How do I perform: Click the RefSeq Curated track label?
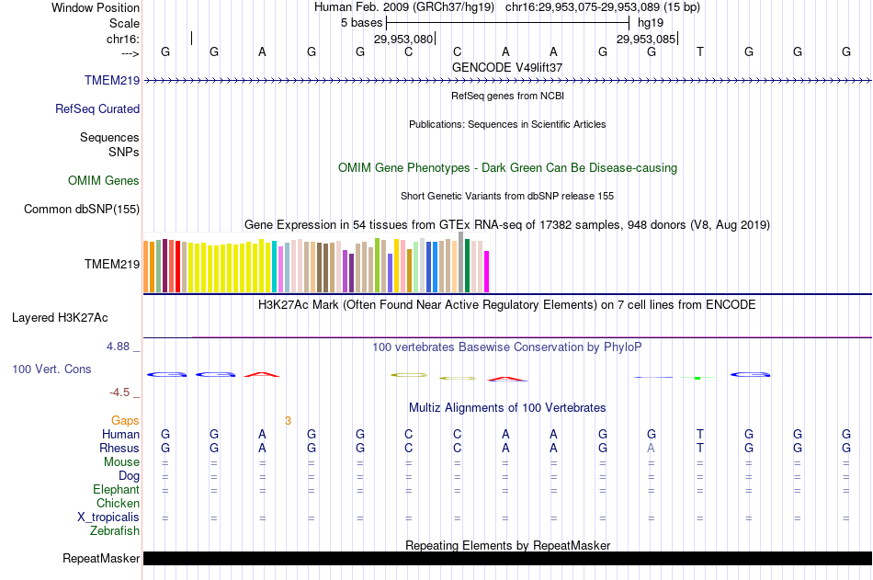click(96, 108)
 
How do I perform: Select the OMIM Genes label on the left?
click(103, 180)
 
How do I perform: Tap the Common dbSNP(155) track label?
click(81, 209)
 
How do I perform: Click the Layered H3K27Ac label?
click(60, 318)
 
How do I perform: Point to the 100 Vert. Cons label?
click(51, 369)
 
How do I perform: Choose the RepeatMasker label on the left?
click(101, 558)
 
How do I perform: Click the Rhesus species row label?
click(119, 448)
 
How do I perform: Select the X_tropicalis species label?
click(108, 517)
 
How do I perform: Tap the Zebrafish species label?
click(115, 530)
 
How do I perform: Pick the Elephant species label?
click(116, 489)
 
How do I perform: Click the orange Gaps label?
click(125, 420)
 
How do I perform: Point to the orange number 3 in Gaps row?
click(288, 420)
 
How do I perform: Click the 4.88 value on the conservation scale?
click(119, 347)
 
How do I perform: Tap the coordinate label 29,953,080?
click(402, 40)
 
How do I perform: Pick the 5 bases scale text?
click(361, 21)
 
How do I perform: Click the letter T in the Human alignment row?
click(700, 434)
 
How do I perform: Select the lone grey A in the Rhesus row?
click(652, 448)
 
